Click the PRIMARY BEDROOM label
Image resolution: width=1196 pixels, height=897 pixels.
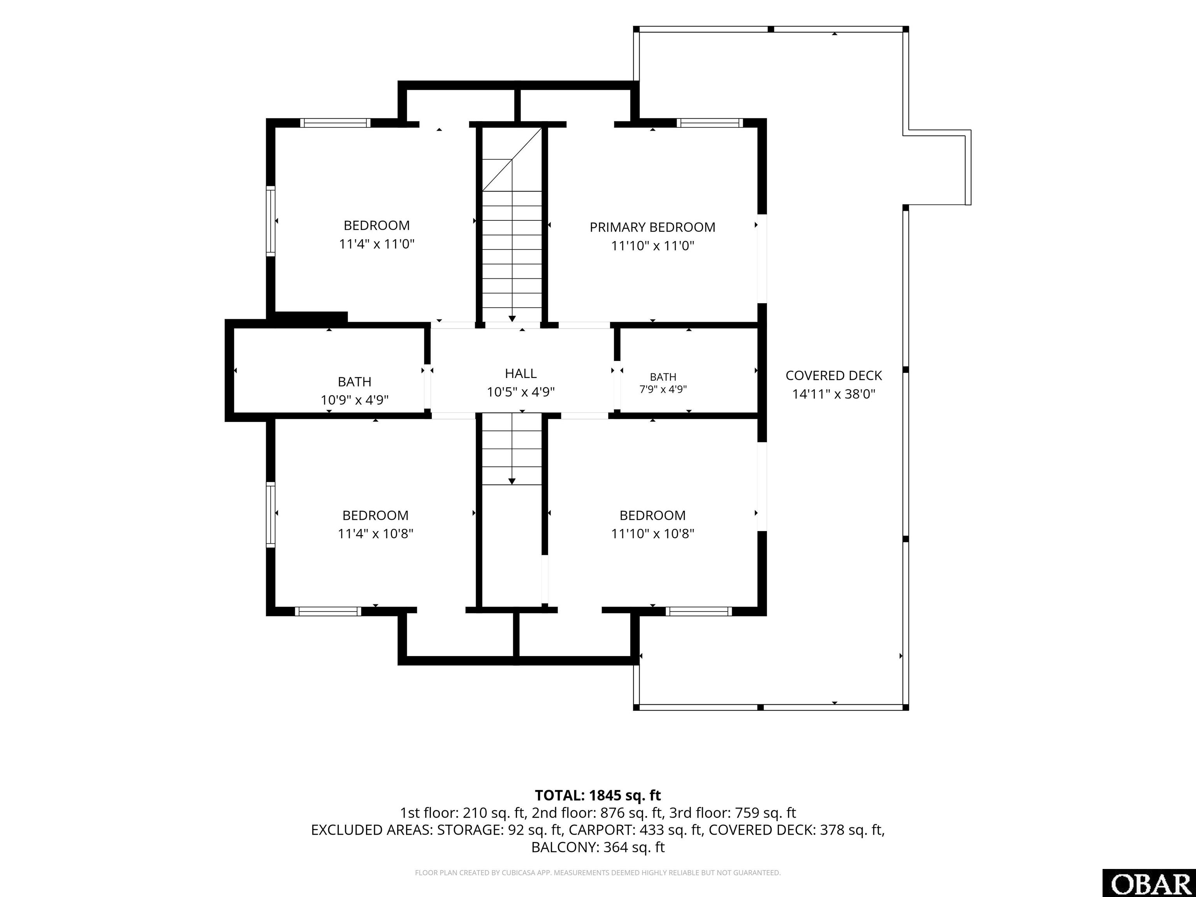[x=652, y=227]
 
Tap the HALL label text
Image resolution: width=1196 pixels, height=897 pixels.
[x=521, y=374]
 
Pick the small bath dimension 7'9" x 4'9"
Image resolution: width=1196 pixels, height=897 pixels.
[x=663, y=389]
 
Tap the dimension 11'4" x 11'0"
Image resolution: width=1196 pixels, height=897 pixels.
[x=376, y=244]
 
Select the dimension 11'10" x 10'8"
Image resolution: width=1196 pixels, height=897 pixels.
[x=652, y=534]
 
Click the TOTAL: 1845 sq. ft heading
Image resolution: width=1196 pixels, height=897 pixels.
[x=598, y=795]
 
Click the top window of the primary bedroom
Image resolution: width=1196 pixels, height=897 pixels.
[x=709, y=123]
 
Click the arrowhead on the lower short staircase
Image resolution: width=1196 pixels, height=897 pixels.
[x=512, y=481]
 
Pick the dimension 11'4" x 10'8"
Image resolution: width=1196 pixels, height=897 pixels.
[x=375, y=534]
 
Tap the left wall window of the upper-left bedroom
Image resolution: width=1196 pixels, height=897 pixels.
[x=270, y=221]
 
